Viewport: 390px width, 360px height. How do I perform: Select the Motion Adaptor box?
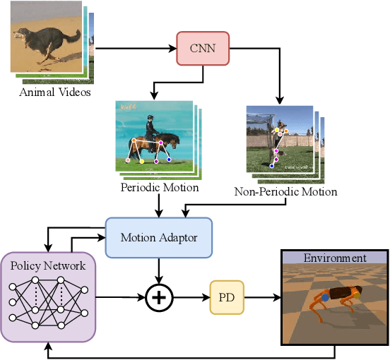click(158, 237)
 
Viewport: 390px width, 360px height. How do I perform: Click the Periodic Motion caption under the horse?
click(160, 188)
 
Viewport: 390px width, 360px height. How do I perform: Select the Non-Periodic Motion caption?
click(285, 191)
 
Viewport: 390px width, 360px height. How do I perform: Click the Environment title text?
click(335, 258)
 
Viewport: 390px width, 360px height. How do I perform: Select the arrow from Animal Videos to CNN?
click(134, 49)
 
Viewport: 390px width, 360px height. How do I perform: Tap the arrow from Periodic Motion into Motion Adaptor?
click(160, 205)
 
